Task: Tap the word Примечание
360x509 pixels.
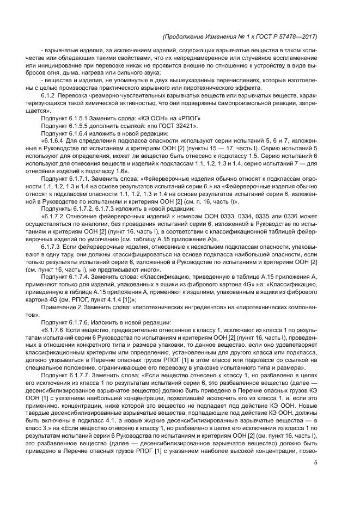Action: click(x=58, y=307)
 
